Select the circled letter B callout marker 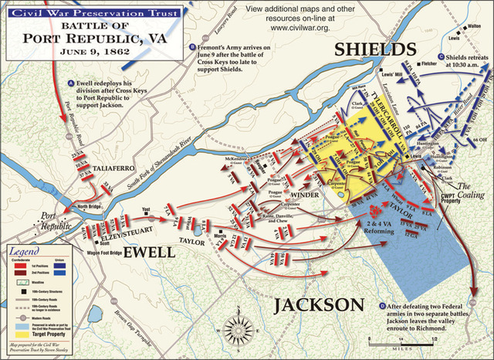(x=191, y=47)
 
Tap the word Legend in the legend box (x=25, y=253)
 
